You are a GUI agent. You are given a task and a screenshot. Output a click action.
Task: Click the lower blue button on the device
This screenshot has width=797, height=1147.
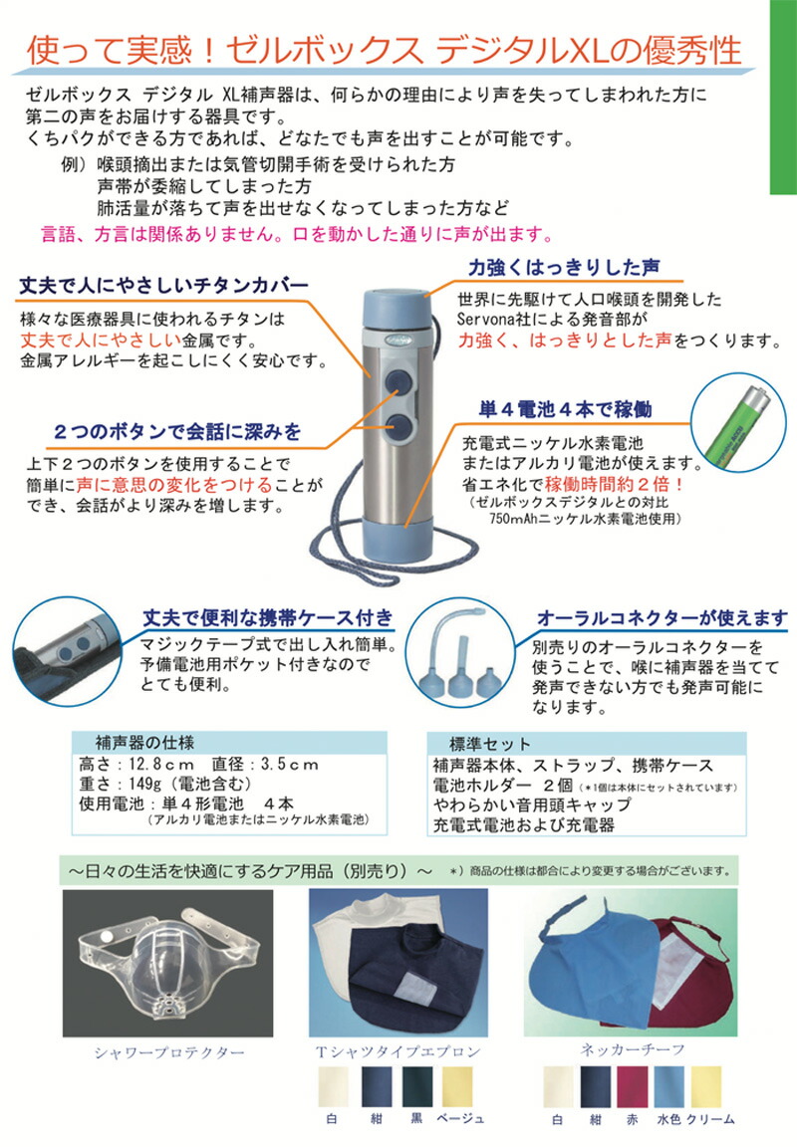point(398,428)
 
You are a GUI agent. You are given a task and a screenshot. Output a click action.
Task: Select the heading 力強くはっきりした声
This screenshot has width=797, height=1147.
point(560,266)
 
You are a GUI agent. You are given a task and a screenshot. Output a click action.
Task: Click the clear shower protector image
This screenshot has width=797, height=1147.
point(162,959)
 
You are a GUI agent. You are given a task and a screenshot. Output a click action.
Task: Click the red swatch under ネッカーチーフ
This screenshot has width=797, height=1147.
point(633,1086)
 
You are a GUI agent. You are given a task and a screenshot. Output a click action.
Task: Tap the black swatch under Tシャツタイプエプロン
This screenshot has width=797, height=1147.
point(417,1086)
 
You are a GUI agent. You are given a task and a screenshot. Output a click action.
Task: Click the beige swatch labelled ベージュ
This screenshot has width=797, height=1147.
point(459,1086)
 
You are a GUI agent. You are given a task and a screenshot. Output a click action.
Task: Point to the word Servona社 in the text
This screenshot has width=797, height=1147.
point(492,319)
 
